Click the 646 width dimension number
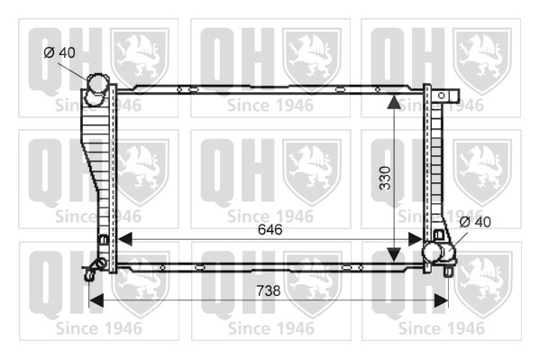(x=270, y=229)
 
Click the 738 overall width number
(x=269, y=291)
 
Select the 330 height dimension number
(x=385, y=178)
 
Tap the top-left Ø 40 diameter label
(x=59, y=52)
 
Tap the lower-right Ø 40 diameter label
(x=475, y=222)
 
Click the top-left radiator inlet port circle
(x=97, y=83)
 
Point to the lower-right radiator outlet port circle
(x=433, y=253)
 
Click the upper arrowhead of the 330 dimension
(x=394, y=101)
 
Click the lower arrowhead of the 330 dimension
(x=394, y=254)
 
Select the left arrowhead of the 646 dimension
(x=124, y=238)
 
